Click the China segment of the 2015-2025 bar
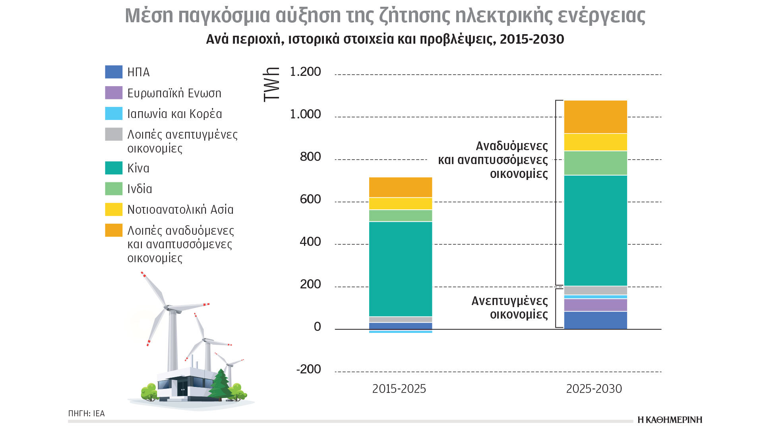[400, 269]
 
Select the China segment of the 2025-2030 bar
[595, 230]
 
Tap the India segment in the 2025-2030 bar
[595, 163]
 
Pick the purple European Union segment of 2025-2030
[595, 305]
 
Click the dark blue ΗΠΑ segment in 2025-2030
[595, 320]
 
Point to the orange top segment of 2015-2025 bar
[400, 187]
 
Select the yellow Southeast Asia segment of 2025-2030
[595, 142]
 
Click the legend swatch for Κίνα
[114, 168]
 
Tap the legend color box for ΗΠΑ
[114, 72]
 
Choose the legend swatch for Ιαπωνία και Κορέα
[114, 114]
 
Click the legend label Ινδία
[139, 189]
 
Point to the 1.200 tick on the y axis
[305, 72]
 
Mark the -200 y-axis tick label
[308, 369]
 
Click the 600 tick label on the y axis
[310, 199]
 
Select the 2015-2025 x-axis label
[399, 388]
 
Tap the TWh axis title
[272, 85]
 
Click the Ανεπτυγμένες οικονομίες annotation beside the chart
[509, 307]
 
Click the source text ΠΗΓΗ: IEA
[86, 414]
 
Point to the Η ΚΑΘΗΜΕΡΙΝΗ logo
[670, 420]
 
